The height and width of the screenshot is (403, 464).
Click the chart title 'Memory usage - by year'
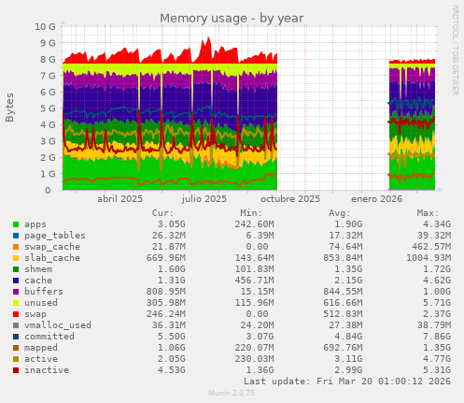coord(232,18)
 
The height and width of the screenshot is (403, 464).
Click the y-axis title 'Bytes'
coord(10,108)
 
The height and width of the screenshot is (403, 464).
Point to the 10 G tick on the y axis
coord(45,27)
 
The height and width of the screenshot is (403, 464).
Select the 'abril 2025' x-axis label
coord(120,199)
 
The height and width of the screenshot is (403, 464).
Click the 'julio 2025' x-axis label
coord(204,199)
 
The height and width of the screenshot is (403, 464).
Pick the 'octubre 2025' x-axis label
coord(289,199)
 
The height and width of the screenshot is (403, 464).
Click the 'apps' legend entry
coord(35,224)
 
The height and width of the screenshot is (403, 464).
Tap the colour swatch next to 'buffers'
coord(16,292)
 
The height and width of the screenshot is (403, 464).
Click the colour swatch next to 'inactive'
coord(16,370)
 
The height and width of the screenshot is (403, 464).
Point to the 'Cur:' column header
coord(162,213)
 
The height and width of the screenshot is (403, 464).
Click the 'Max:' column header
coord(428,213)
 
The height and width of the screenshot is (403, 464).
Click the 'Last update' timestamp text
coord(347,382)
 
